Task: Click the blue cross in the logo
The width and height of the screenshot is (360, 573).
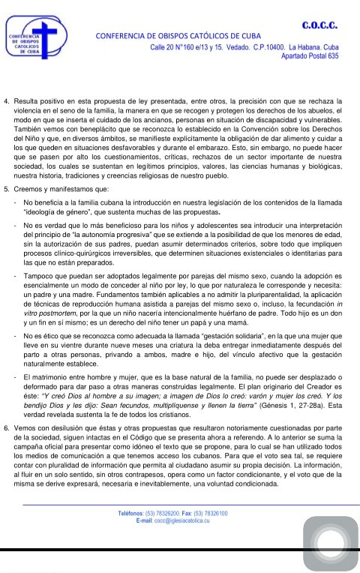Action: click(x=46, y=34)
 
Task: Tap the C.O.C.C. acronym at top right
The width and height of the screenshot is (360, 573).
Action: click(x=319, y=25)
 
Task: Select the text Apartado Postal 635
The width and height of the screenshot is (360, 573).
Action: click(x=309, y=55)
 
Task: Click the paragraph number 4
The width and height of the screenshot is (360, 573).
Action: click(x=7, y=99)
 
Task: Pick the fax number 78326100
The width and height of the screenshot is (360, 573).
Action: click(x=214, y=513)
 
